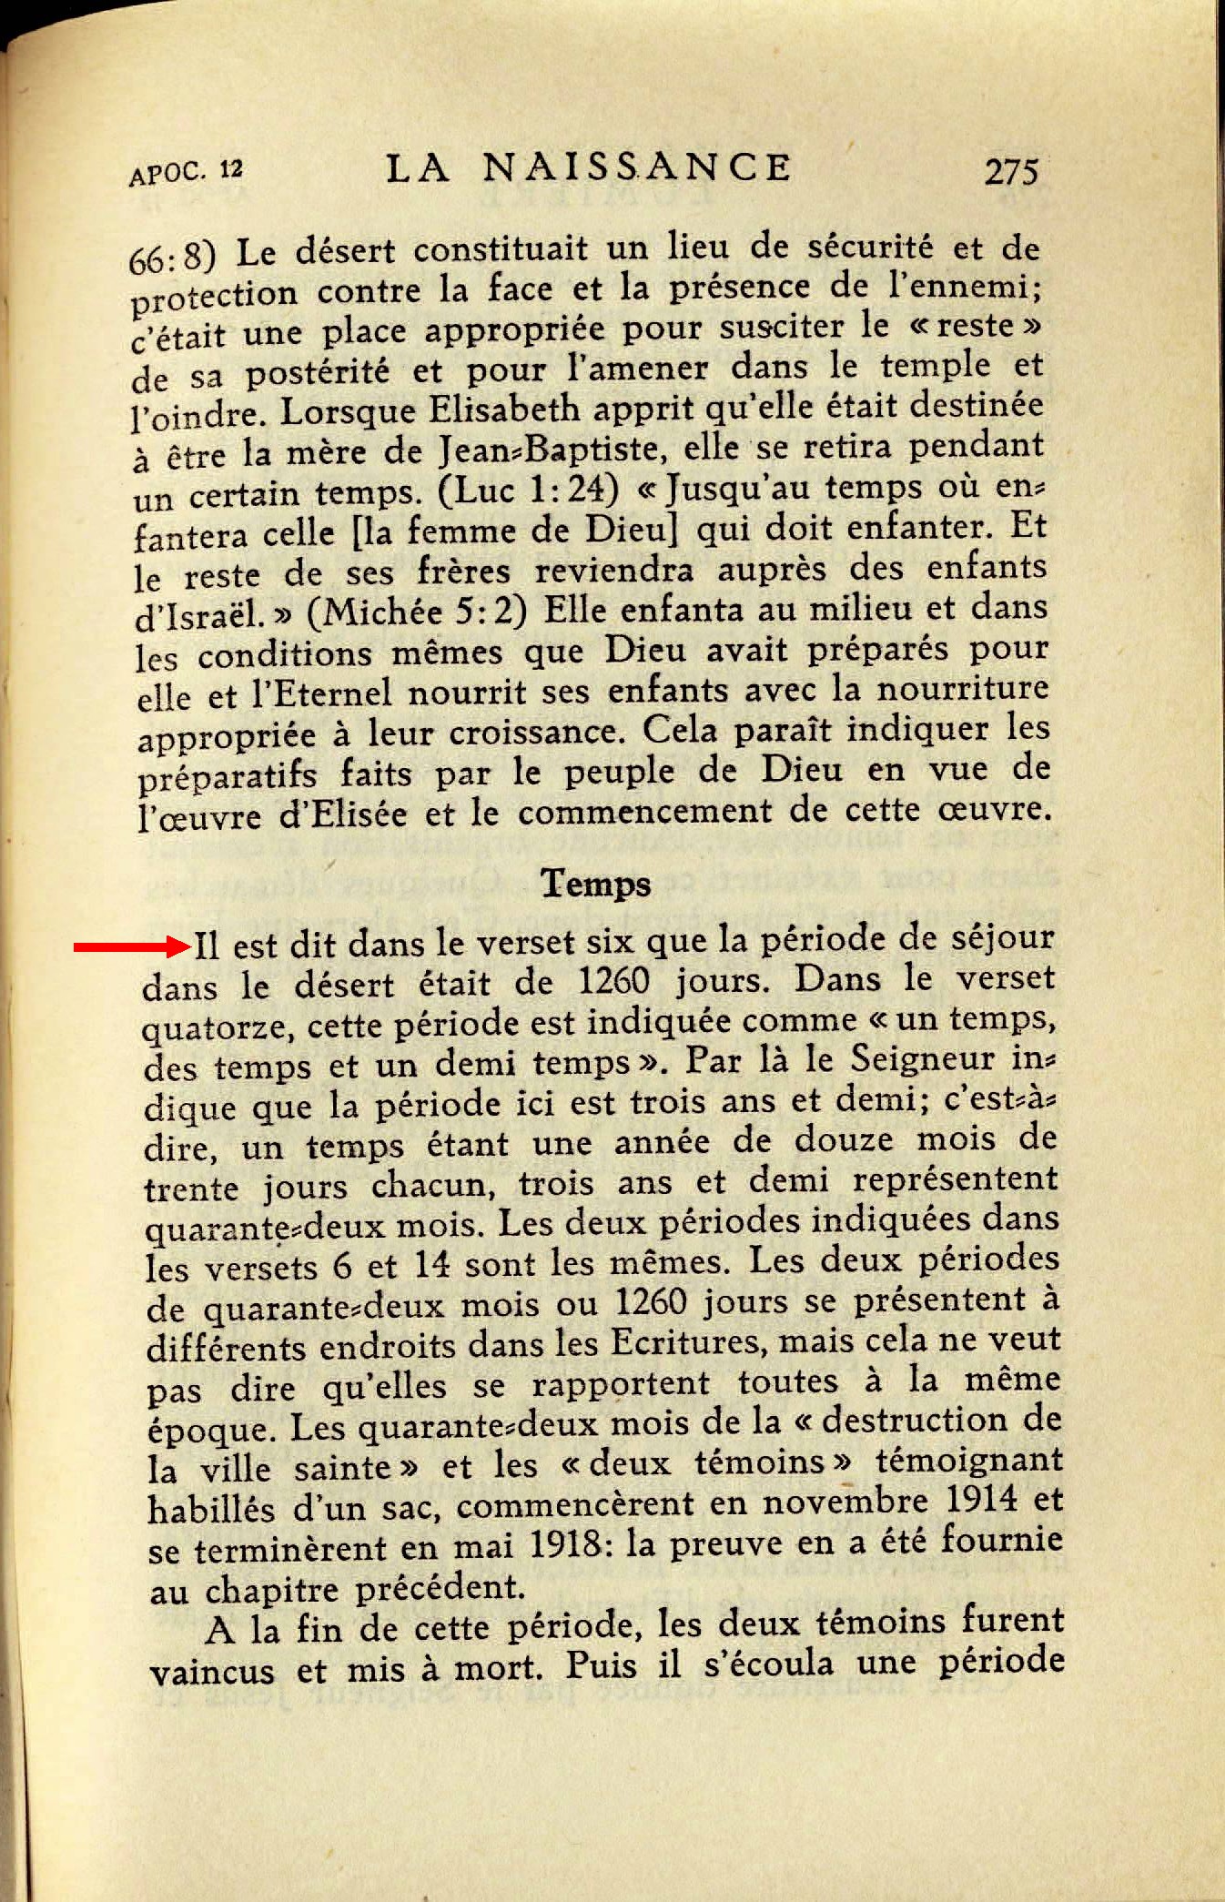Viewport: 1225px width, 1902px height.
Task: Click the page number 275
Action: click(x=1011, y=170)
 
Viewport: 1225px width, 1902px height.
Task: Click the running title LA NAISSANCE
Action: click(x=588, y=167)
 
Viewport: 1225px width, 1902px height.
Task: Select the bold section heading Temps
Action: click(x=596, y=883)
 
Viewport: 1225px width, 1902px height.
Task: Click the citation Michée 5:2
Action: click(x=418, y=612)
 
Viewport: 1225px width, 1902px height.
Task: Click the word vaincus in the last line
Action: click(x=211, y=1672)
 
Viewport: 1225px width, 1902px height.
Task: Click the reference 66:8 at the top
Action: click(x=172, y=258)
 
